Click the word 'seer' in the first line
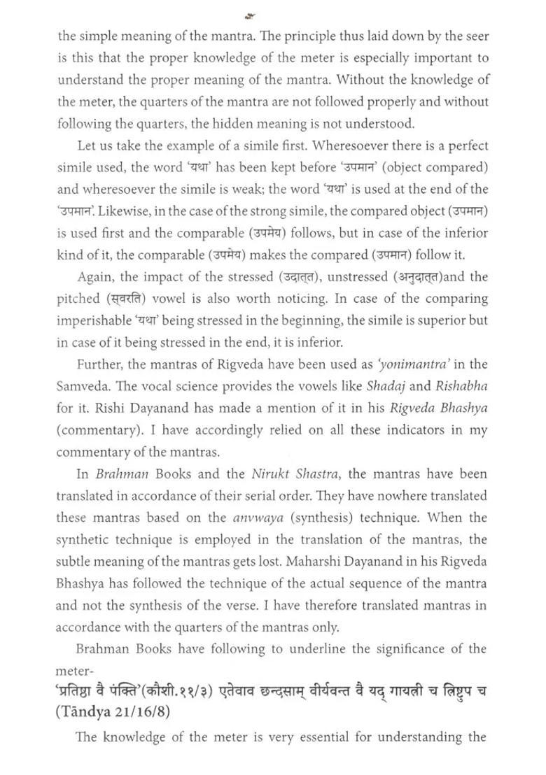[475, 36]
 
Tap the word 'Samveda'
[83, 387]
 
